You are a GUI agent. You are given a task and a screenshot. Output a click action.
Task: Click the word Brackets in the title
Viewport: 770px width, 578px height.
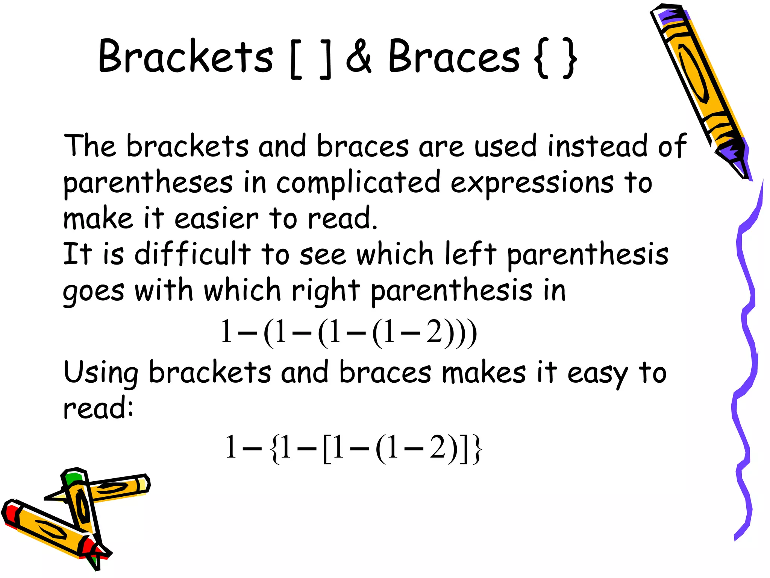[x=185, y=56]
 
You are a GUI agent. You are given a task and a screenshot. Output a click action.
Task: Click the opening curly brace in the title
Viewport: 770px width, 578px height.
[x=542, y=58]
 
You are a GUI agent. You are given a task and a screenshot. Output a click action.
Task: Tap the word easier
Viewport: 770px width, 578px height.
[x=217, y=218]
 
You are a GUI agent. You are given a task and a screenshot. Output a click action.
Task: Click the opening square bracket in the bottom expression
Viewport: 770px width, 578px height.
[x=327, y=448]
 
